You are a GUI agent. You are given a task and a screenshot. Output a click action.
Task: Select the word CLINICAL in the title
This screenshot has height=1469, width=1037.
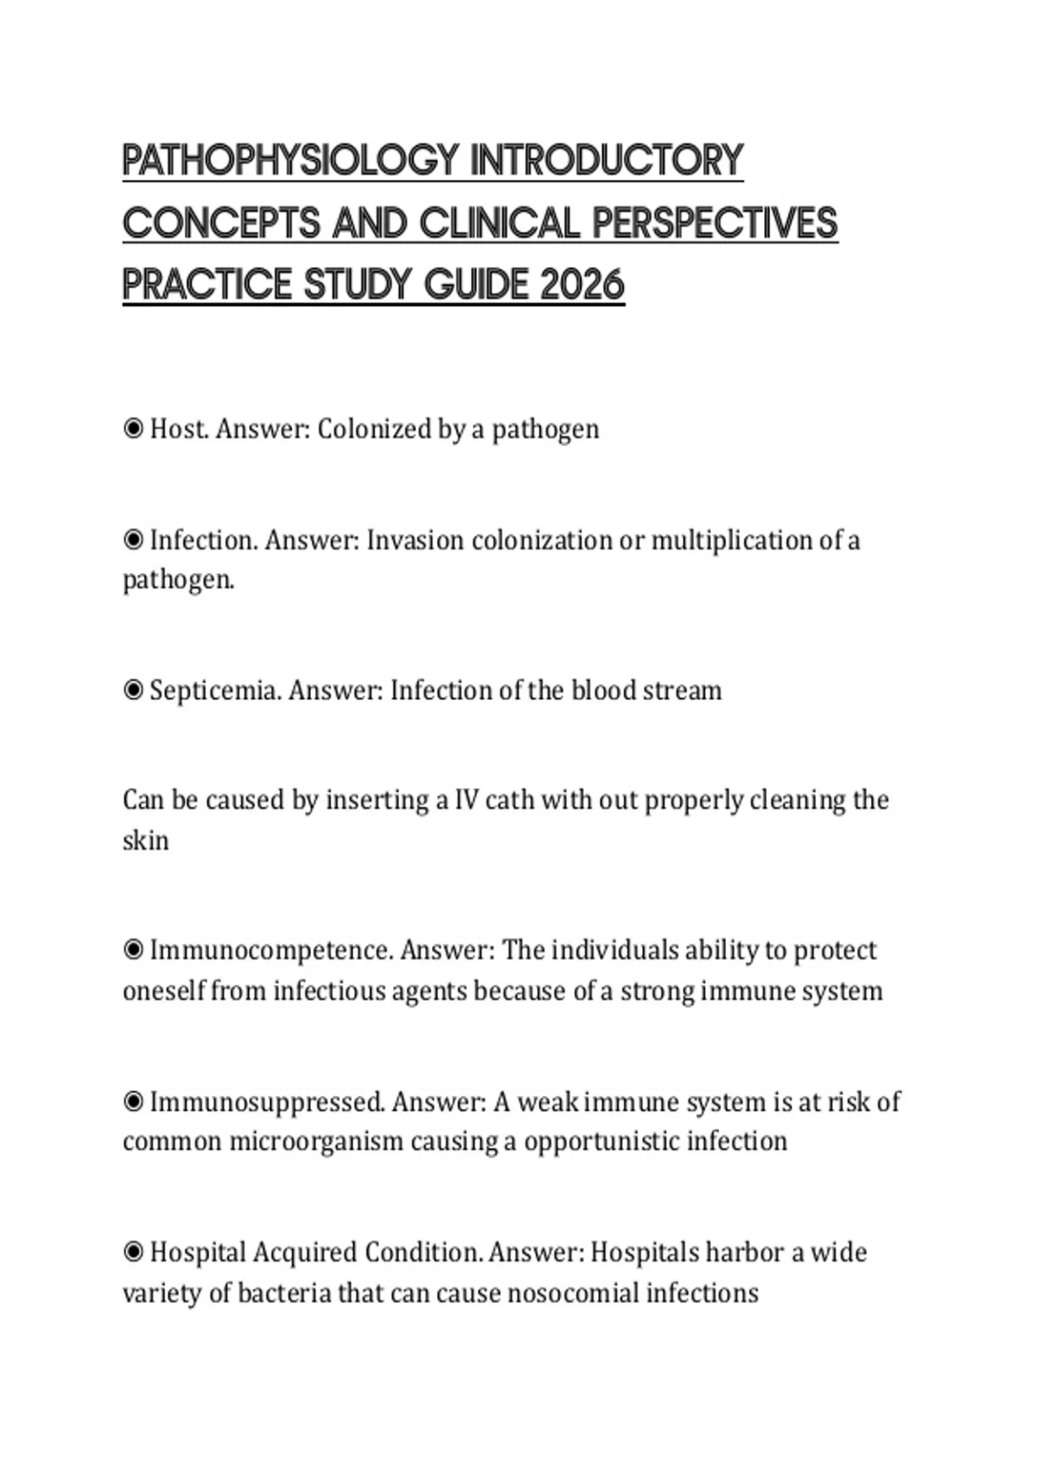pos(499,223)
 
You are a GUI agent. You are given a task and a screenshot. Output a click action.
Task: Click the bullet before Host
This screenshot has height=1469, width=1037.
pos(133,429)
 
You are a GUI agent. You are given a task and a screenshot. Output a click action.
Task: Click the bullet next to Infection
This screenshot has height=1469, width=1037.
pos(133,540)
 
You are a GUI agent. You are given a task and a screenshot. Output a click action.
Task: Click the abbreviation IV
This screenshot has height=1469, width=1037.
pos(466,800)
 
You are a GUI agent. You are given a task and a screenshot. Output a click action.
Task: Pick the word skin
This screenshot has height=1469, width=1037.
pos(145,840)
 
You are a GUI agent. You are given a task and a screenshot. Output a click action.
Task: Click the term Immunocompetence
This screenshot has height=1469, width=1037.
pos(272,951)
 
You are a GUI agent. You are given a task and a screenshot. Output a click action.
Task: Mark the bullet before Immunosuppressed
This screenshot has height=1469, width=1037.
pos(133,1102)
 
